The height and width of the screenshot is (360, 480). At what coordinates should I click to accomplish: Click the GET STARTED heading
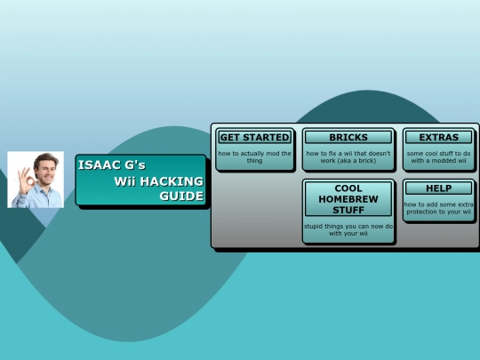254,137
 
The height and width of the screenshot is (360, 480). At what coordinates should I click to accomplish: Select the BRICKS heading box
348,137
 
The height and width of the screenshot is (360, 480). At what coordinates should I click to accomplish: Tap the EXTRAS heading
439,137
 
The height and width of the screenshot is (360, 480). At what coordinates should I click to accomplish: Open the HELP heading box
439,188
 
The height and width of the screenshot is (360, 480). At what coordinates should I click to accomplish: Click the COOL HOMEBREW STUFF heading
348,199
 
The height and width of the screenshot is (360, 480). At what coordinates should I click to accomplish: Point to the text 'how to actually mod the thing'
254,157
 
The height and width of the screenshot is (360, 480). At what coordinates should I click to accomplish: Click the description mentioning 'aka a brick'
348,157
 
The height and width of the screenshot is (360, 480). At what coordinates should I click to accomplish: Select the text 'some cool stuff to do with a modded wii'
439,157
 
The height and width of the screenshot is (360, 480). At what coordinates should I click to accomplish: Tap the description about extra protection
439,208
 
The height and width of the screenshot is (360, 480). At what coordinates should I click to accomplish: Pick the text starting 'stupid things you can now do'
348,229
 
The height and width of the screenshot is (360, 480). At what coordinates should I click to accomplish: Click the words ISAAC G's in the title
112,165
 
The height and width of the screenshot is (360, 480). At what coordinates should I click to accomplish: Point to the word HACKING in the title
172,181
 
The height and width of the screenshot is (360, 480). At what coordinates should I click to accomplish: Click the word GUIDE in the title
181,196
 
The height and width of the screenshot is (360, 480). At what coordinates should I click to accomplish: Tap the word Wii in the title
124,181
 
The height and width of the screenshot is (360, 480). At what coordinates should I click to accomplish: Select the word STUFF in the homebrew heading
348,210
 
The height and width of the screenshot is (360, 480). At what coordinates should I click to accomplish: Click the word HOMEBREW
348,199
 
